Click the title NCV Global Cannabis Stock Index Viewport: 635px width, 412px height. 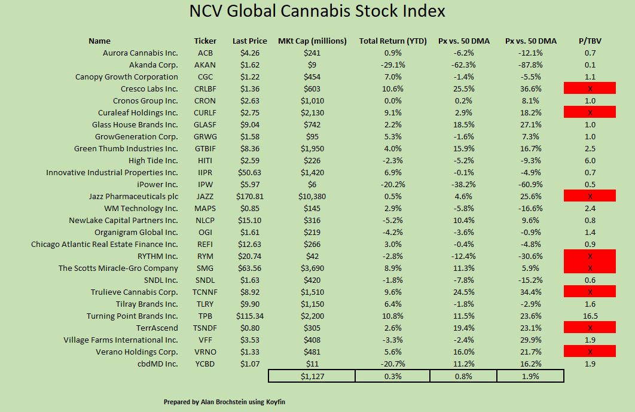317,12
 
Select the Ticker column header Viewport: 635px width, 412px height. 205,41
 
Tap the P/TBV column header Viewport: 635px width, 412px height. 590,41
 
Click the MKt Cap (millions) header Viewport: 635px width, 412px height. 312,41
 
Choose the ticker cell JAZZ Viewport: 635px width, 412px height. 205,196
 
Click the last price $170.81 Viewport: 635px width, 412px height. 249,196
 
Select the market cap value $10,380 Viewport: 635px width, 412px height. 312,196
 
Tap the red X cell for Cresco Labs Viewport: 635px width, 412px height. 590,88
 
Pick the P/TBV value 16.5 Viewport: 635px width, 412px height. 590,316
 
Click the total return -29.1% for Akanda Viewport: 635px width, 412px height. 392,65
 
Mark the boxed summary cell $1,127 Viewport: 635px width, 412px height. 312,376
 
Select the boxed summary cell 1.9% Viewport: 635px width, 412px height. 530,376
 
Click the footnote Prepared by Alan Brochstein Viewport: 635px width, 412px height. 224,402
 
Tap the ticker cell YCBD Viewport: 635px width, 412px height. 205,364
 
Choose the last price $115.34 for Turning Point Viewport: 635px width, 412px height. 249,316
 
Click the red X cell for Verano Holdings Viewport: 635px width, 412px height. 590,352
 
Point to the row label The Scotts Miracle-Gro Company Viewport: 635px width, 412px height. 118,268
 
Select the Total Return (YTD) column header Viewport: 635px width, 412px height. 392,41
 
